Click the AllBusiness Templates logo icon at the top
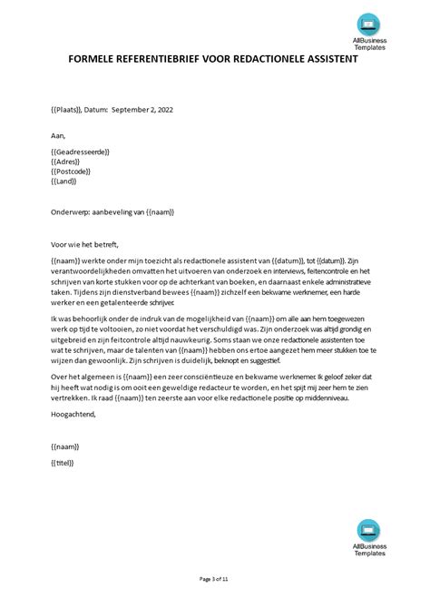(370, 24)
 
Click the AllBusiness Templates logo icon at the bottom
(370, 531)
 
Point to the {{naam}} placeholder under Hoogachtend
(65, 446)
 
